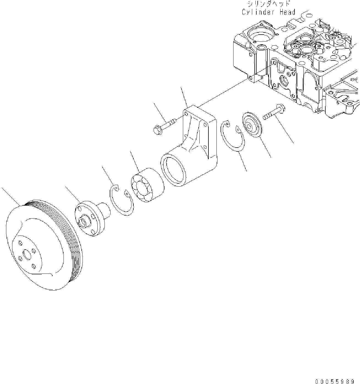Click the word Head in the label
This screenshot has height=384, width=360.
click(x=287, y=12)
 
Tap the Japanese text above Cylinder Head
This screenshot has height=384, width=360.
click(x=269, y=4)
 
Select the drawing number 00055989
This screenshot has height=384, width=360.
click(x=335, y=381)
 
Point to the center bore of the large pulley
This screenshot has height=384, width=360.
click(x=27, y=255)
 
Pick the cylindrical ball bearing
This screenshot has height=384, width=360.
click(x=147, y=185)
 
